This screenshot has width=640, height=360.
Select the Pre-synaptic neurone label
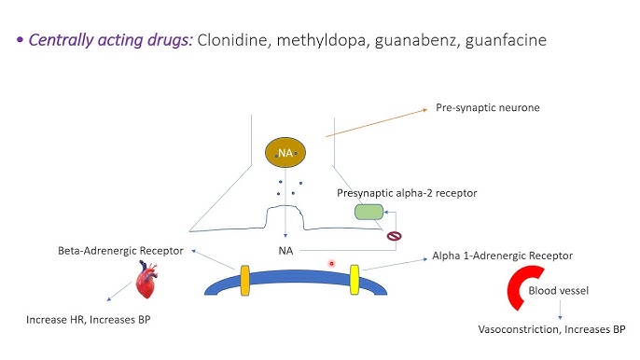(487, 108)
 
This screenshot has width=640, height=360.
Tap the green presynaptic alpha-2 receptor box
(369, 213)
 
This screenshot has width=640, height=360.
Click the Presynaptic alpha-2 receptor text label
(407, 193)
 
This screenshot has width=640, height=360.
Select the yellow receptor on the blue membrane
(355, 277)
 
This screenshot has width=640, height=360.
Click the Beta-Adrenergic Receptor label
(119, 251)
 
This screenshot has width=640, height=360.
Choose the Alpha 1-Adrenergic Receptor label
(502, 255)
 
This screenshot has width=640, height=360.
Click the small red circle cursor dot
(331, 264)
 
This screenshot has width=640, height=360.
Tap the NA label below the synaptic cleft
(286, 251)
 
